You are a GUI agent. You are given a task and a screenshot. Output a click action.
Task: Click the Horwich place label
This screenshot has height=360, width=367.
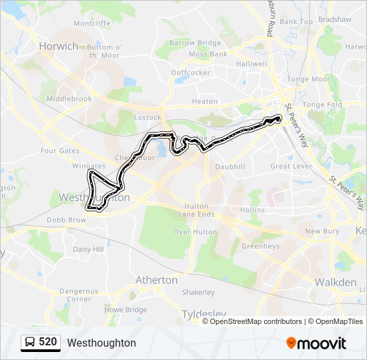(x=58, y=46)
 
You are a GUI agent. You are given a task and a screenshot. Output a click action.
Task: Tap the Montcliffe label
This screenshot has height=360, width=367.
(x=92, y=23)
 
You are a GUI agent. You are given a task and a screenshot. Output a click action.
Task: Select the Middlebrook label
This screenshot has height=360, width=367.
(x=69, y=99)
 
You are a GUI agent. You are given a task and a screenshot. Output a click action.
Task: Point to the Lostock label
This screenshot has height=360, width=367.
(x=147, y=117)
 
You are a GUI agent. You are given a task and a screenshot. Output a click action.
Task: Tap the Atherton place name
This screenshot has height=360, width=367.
(x=156, y=280)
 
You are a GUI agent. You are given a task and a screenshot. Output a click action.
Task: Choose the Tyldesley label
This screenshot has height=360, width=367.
(x=204, y=313)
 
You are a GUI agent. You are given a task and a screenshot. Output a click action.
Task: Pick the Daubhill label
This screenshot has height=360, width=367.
(x=230, y=166)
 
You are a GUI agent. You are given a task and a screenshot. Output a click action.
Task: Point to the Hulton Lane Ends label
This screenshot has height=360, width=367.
(x=196, y=211)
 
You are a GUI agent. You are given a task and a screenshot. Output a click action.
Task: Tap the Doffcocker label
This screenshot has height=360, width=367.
(x=191, y=72)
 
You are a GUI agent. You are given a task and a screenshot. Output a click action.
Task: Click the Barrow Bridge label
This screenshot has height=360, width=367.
(x=195, y=43)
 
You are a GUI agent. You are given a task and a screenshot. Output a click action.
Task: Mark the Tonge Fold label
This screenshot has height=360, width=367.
(x=322, y=105)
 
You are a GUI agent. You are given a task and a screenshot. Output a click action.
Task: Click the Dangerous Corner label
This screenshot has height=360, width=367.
(x=79, y=295)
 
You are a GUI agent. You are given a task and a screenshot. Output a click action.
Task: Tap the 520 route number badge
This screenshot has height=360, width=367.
(x=47, y=342)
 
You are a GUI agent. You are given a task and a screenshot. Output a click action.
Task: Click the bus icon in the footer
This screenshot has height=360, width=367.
(x=30, y=343)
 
